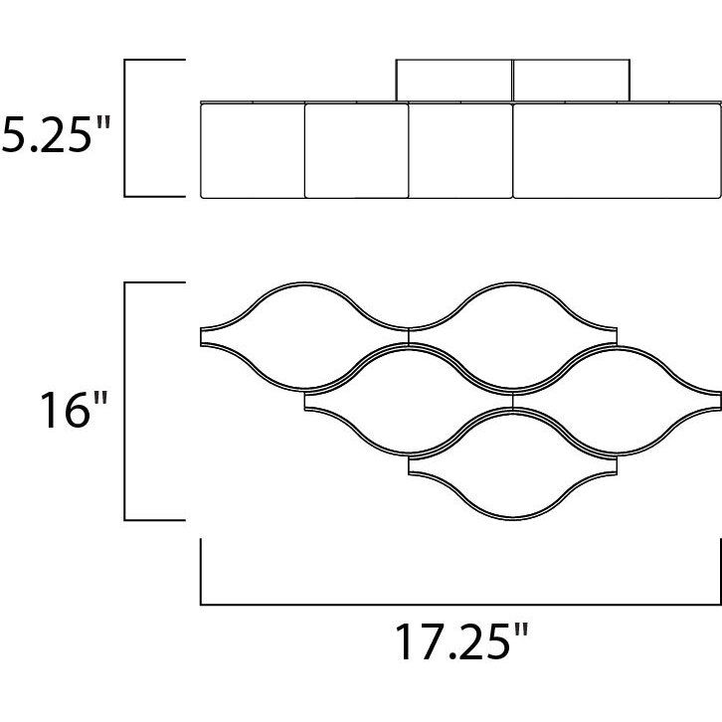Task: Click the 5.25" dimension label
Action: click(56, 134)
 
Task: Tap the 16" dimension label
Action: click(74, 410)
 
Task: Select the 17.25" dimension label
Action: click(461, 641)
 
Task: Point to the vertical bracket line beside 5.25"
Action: click(124, 128)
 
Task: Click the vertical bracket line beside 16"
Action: click(124, 401)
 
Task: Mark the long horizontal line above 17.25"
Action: click(460, 604)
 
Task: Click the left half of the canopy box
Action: click(454, 81)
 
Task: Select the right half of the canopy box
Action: click(571, 81)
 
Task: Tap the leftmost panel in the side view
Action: click(253, 151)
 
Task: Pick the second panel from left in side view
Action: click(356, 151)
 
